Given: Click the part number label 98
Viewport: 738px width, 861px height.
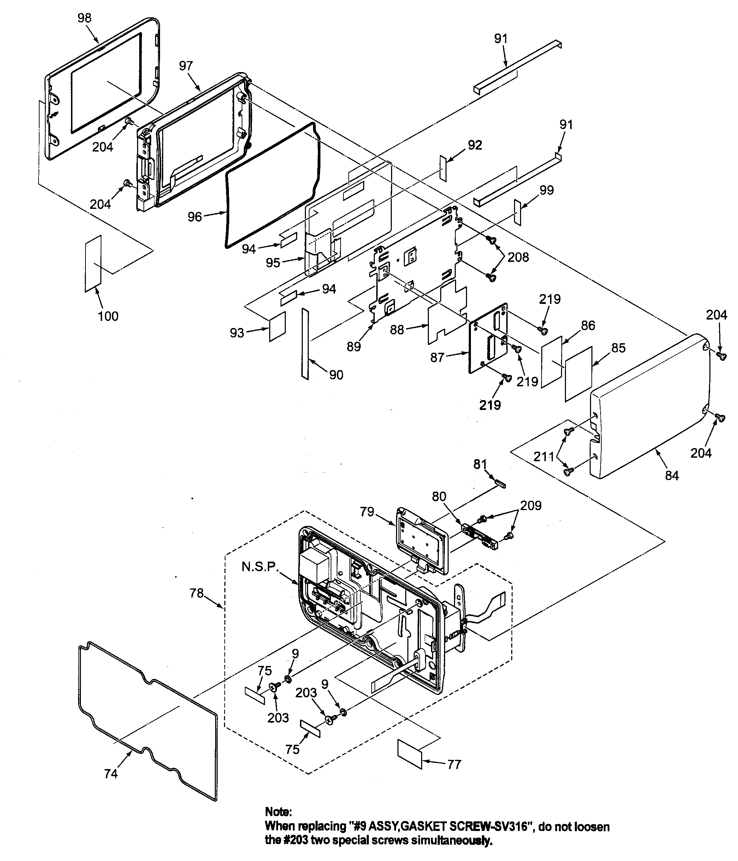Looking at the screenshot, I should click(x=85, y=18).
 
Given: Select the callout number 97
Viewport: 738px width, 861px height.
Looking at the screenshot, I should click(x=186, y=66).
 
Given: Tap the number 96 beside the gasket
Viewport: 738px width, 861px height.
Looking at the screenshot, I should click(x=194, y=217).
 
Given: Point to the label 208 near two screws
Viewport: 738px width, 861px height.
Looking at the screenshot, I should click(x=518, y=257).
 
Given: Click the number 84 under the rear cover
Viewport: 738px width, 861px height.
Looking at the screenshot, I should click(x=672, y=475).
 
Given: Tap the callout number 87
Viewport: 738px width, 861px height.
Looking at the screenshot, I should click(x=437, y=357).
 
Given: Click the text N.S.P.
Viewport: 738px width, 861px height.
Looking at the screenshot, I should click(x=260, y=567).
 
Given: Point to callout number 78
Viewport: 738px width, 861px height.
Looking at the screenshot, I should click(x=196, y=593).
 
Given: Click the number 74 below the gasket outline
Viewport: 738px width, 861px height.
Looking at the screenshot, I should click(x=111, y=774).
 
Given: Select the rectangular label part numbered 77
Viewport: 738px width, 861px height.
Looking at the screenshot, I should click(x=409, y=754).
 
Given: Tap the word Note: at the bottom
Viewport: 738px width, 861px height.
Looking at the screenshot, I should click(x=279, y=812).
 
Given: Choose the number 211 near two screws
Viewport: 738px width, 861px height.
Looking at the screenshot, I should click(x=544, y=457).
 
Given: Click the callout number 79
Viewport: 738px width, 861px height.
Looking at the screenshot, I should click(x=367, y=511).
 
